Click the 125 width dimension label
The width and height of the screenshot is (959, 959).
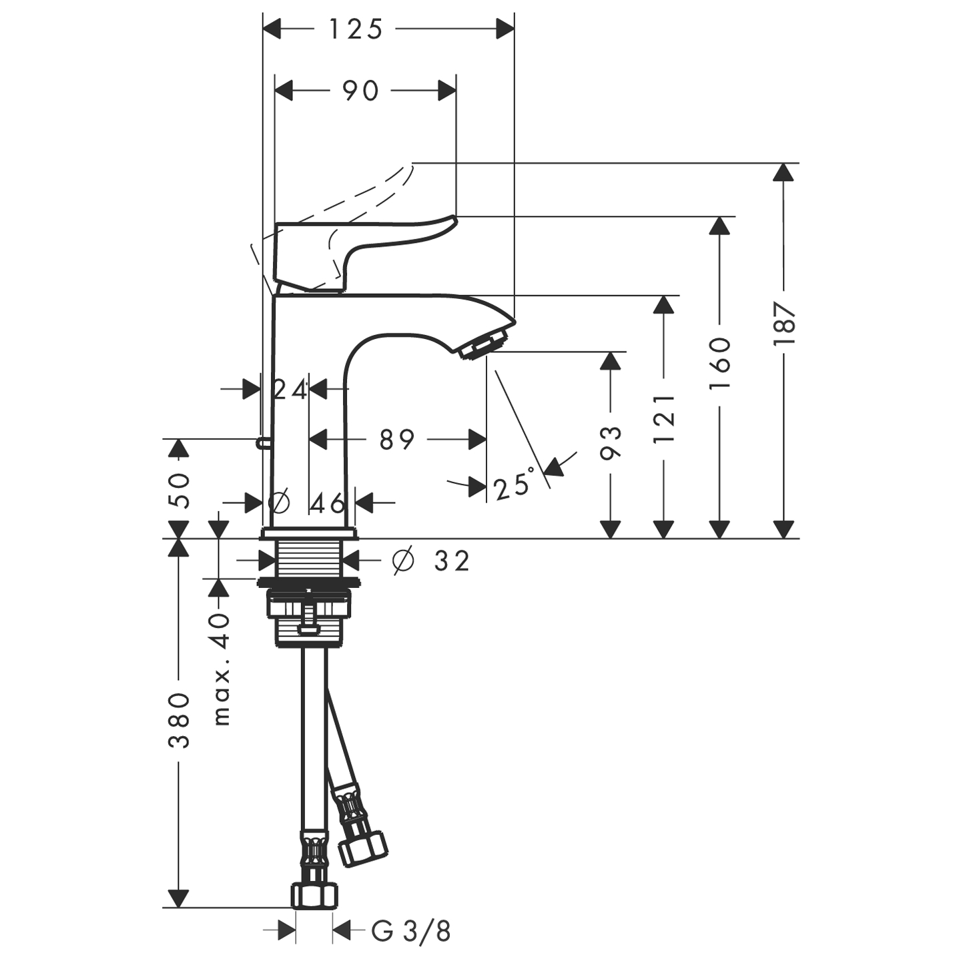coord(356,29)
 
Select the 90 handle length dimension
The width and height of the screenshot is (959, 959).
coord(360,91)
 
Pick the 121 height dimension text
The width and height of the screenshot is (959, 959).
coord(664,418)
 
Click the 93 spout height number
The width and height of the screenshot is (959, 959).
coord(610,442)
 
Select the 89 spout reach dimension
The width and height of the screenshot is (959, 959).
coord(397,440)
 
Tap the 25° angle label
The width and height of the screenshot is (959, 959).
coord(514,487)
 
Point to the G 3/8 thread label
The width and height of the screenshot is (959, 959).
coord(411,931)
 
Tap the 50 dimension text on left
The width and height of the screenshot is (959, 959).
coord(179,491)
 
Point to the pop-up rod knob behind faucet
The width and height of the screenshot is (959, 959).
coord(262,441)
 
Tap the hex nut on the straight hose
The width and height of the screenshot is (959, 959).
coord(314,894)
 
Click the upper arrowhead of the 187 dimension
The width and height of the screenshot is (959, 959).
coord(784,172)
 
